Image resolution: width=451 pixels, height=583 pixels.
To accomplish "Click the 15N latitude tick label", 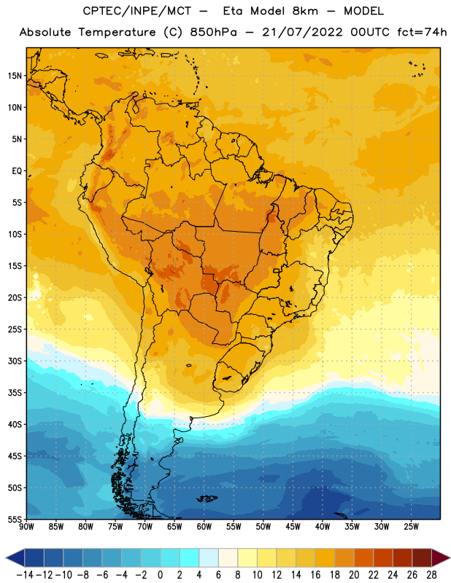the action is pyautogui.click(x=15, y=76).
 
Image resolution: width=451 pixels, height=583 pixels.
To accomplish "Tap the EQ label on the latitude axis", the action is pyautogui.click(x=17, y=171).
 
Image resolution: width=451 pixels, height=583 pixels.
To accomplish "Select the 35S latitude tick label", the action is pyautogui.click(x=15, y=393).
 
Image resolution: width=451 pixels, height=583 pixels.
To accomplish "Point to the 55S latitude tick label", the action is pyautogui.click(x=15, y=519).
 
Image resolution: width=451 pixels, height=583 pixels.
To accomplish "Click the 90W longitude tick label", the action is pyautogui.click(x=26, y=526).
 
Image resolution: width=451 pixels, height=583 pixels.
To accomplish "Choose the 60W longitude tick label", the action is pyautogui.click(x=204, y=526).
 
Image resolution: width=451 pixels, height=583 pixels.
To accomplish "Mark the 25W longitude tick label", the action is pyautogui.click(x=411, y=526).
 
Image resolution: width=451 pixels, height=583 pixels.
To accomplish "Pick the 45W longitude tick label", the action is pyautogui.click(x=293, y=526).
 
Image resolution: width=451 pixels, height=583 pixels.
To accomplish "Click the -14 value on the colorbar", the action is pyautogui.click(x=25, y=575).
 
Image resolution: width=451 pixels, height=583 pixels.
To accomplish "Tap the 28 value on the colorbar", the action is pyautogui.click(x=431, y=575).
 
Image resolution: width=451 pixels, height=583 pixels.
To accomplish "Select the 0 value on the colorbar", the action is pyautogui.click(x=161, y=575).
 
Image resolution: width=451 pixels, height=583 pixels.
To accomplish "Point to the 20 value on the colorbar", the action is pyautogui.click(x=354, y=575).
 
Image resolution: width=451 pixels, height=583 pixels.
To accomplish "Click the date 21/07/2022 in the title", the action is pyautogui.click(x=302, y=32).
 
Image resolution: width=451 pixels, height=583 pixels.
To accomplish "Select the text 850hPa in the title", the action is pyautogui.click(x=213, y=32).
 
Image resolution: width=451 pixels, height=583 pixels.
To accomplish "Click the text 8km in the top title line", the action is pyautogui.click(x=305, y=11).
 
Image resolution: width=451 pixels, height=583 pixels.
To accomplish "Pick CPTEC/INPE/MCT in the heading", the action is pyautogui.click(x=137, y=11).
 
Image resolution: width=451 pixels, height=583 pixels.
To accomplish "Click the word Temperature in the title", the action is pyautogui.click(x=117, y=33).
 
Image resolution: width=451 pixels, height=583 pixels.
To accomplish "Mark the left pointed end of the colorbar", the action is pyautogui.click(x=7, y=558).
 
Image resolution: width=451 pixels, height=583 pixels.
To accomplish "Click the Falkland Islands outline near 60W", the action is pyautogui.click(x=207, y=498).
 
